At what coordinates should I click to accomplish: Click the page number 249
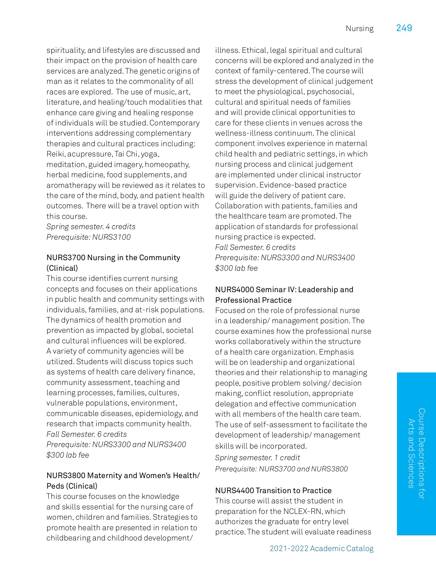click(x=404, y=28)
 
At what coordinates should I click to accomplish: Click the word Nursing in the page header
click(x=359, y=29)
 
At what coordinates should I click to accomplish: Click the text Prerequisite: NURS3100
click(x=89, y=237)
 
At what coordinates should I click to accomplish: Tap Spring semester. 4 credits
click(x=91, y=227)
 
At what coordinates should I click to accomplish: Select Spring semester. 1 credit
click(x=257, y=458)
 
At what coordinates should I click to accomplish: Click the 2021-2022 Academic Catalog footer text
click(x=321, y=548)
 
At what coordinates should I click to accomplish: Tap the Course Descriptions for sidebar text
click(x=422, y=453)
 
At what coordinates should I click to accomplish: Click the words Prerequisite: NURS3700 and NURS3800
click(x=281, y=469)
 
